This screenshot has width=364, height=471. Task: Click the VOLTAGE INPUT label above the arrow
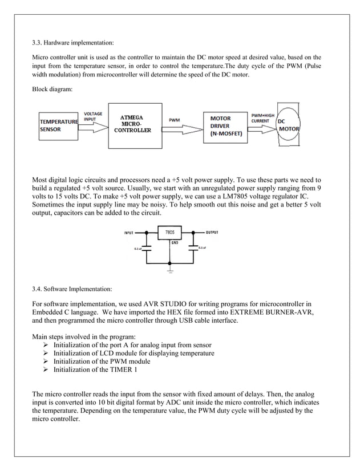coord(94,116)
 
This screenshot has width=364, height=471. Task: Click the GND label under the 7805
coord(175,242)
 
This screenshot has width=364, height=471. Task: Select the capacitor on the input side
coord(147,249)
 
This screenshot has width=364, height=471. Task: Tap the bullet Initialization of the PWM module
coord(102,362)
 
